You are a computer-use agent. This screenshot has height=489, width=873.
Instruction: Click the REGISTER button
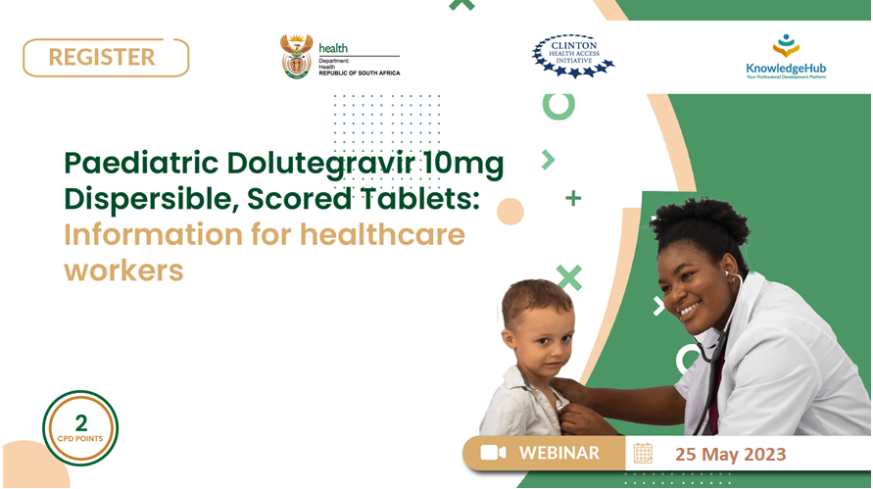pyautogui.click(x=106, y=58)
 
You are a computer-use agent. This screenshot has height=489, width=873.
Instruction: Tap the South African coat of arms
pyautogui.click(x=297, y=56)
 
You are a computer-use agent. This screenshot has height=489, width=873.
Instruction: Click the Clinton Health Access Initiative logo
pyautogui.click(x=573, y=56)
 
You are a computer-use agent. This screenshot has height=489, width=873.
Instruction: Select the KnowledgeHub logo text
pyautogui.click(x=786, y=69)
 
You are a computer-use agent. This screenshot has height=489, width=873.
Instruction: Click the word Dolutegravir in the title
pyautogui.click(x=320, y=164)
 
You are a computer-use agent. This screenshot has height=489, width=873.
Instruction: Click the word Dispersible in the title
pyautogui.click(x=152, y=199)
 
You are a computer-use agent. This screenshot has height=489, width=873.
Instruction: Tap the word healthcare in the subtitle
pyautogui.click(x=382, y=234)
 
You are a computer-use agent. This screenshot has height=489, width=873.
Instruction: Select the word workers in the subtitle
pyautogui.click(x=123, y=271)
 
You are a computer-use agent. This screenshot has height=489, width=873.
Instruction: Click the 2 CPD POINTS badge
pyautogui.click(x=80, y=427)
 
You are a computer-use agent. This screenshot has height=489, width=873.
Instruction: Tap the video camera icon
pyautogui.click(x=493, y=453)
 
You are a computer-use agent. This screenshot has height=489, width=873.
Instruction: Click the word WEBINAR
pyautogui.click(x=559, y=453)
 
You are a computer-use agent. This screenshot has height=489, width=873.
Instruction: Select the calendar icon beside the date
pyautogui.click(x=643, y=454)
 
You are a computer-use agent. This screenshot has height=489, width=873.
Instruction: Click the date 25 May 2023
pyautogui.click(x=731, y=454)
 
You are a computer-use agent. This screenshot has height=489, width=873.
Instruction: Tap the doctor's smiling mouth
pyautogui.click(x=689, y=309)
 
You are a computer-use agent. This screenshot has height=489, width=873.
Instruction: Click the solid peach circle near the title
pyautogui.click(x=510, y=212)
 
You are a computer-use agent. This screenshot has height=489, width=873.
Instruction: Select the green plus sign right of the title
pyautogui.click(x=573, y=198)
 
